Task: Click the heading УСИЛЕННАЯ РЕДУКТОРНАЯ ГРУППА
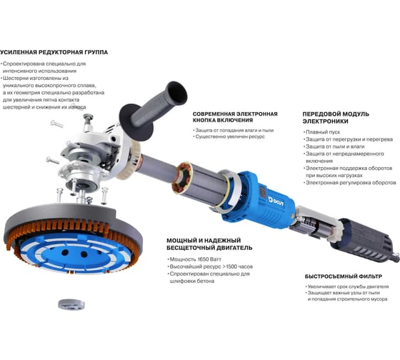54,52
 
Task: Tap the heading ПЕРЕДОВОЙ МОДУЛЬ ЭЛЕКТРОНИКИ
336,118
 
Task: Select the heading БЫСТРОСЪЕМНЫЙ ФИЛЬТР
344,276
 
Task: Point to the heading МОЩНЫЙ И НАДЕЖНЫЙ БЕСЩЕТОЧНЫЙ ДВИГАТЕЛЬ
209,244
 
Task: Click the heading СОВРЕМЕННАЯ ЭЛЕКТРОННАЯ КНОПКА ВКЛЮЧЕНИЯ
235,117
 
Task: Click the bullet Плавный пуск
322,132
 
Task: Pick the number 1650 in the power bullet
204,259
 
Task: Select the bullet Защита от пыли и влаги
334,146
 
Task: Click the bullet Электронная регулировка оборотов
350,183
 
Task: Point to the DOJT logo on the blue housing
276,201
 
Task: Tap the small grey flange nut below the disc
71,304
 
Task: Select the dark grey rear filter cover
364,240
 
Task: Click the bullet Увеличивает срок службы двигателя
347,286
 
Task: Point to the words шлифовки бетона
192,281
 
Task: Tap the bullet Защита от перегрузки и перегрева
349,139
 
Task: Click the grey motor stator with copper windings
200,183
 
